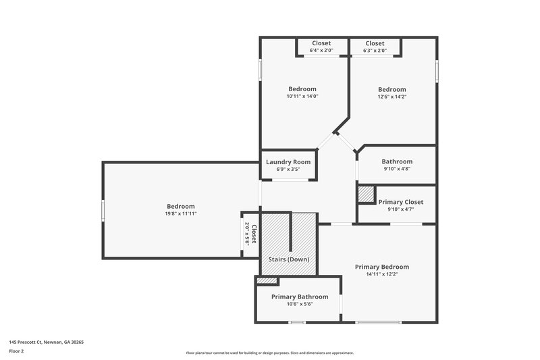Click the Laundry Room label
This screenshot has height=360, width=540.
(x=288, y=161)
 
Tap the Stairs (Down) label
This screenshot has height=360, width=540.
(x=288, y=259)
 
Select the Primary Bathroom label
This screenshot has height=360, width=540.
(x=300, y=297)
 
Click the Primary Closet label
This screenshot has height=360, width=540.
(x=400, y=202)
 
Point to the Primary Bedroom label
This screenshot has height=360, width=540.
(x=382, y=267)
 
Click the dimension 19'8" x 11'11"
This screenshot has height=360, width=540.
(x=181, y=213)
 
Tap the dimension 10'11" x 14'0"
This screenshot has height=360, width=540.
(x=302, y=97)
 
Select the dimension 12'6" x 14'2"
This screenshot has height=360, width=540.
(x=391, y=97)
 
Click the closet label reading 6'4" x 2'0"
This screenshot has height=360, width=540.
(x=321, y=51)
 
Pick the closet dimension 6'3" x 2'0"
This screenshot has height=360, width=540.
(x=375, y=51)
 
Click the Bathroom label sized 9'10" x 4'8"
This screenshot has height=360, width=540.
(x=397, y=161)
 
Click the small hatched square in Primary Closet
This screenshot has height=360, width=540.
(x=365, y=195)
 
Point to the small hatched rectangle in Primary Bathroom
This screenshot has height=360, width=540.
(x=267, y=280)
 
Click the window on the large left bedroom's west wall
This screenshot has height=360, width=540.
(x=103, y=210)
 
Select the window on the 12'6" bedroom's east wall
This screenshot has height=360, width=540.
(x=437, y=71)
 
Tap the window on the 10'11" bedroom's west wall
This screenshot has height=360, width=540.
(x=261, y=71)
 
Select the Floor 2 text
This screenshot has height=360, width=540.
(x=16, y=351)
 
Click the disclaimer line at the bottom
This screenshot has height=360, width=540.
(x=269, y=353)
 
